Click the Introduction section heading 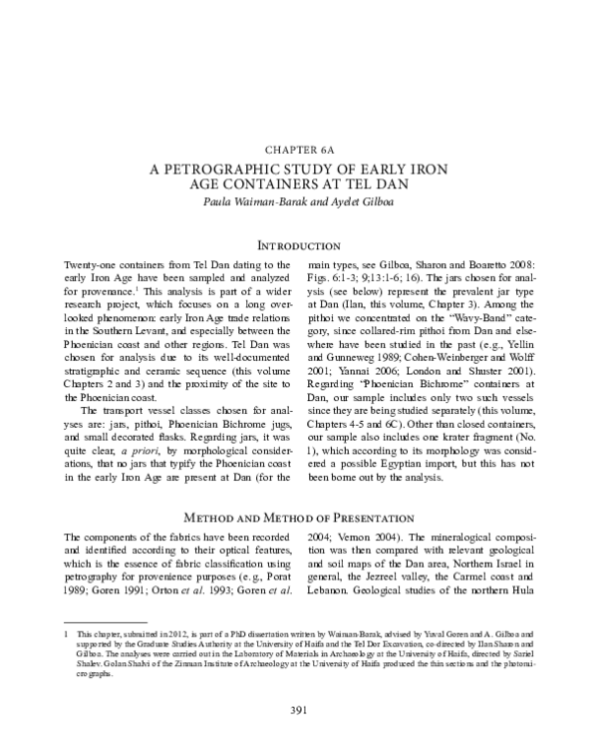(298, 244)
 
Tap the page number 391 (298, 709)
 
